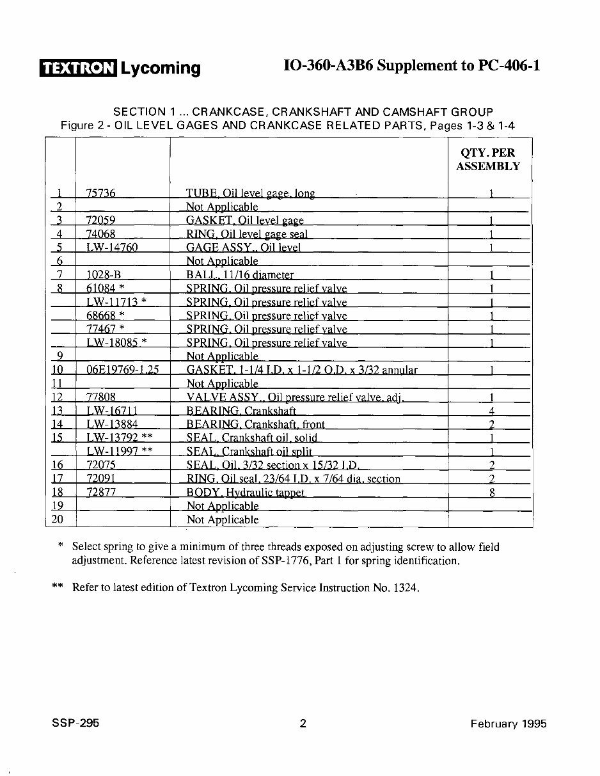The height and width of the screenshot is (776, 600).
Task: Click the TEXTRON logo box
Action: click(x=77, y=67)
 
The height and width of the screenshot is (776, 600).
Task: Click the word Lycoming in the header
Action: click(x=161, y=68)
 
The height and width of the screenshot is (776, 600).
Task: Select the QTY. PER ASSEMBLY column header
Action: click(x=488, y=159)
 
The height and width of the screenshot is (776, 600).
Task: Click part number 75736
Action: click(x=100, y=193)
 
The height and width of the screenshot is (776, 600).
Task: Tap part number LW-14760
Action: click(x=111, y=248)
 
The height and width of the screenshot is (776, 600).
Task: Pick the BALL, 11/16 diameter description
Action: click(x=239, y=275)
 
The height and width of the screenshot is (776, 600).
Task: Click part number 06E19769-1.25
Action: click(x=122, y=370)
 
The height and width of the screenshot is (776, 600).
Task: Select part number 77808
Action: click(x=100, y=397)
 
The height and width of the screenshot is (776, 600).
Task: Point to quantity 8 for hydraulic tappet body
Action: click(x=492, y=493)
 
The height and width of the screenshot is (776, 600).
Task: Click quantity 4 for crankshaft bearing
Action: click(x=492, y=411)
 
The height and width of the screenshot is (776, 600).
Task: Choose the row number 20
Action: click(x=57, y=519)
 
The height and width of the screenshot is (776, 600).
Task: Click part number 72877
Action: click(x=100, y=493)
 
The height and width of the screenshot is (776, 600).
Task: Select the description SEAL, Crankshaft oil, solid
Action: click(x=251, y=438)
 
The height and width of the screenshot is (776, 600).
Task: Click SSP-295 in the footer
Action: click(x=75, y=724)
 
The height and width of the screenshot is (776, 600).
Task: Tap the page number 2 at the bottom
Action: click(x=303, y=724)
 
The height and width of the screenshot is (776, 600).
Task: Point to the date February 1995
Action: click(x=509, y=724)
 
